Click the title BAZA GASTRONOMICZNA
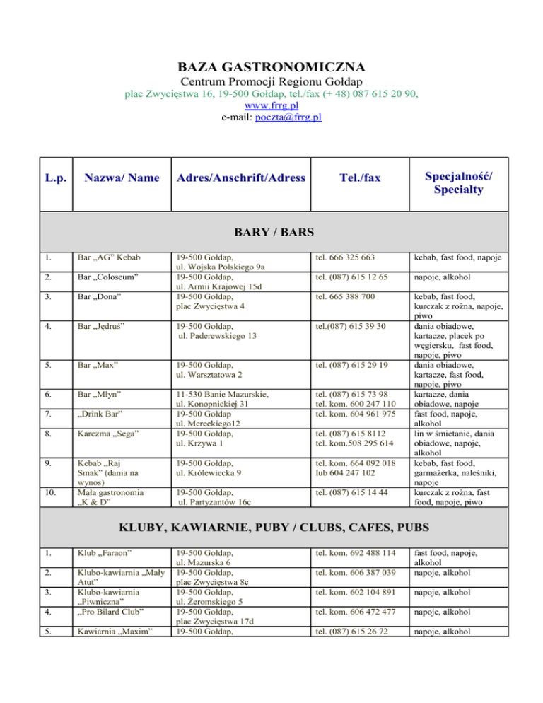(x=271, y=68)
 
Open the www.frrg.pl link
(x=271, y=105)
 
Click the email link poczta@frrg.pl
(x=288, y=117)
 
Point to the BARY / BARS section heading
(x=271, y=232)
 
